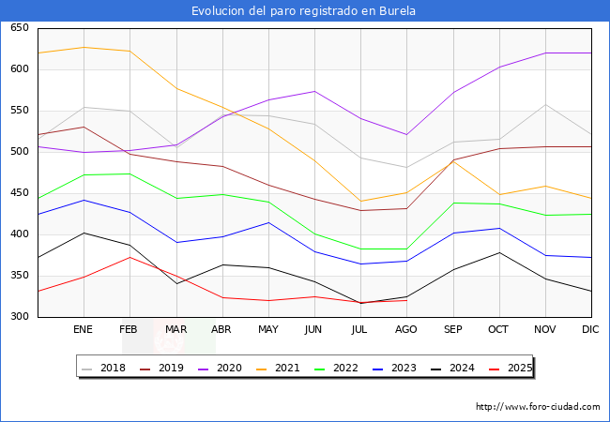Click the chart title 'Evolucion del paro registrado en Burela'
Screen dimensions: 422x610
click(304, 11)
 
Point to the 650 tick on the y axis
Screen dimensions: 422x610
click(19, 28)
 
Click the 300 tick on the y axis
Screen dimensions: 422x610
click(19, 317)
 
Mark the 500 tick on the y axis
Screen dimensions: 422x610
click(19, 151)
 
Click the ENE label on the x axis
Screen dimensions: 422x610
click(84, 330)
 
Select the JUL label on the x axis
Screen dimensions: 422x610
click(360, 330)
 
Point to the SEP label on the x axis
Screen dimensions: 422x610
click(452, 330)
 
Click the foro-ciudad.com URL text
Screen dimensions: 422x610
click(538, 407)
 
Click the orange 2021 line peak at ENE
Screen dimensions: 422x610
click(84, 47)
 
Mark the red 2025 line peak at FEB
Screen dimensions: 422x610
click(130, 257)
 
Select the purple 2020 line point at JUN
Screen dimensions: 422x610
click(314, 91)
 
